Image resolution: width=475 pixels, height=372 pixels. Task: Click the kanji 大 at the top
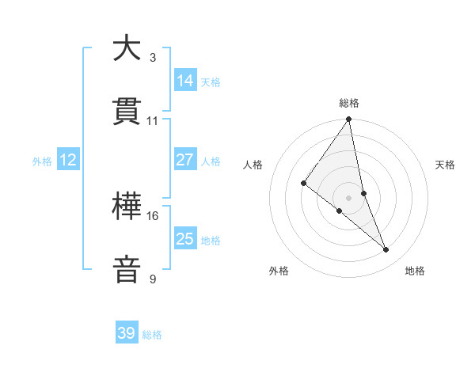(127, 48)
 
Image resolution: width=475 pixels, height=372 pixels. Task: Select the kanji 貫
(127, 111)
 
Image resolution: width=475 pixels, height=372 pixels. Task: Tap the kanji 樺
(127, 207)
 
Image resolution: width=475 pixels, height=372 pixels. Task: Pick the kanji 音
(127, 269)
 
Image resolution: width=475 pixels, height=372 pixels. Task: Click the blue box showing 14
(185, 80)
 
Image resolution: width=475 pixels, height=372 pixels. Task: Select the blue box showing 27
(185, 160)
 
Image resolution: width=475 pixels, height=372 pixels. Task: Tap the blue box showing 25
(185, 239)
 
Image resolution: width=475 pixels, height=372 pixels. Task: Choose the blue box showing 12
(68, 160)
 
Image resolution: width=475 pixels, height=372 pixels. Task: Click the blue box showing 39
(127, 333)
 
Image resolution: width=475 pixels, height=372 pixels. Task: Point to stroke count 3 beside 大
(152, 57)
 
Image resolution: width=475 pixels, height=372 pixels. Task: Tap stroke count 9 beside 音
(152, 279)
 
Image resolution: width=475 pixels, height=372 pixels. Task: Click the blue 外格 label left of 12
(42, 161)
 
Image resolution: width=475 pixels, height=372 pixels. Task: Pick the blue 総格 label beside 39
(152, 335)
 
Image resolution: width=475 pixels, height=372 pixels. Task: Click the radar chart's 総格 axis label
(349, 103)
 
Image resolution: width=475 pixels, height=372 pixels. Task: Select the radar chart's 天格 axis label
(446, 165)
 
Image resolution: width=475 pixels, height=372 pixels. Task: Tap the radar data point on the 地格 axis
(386, 249)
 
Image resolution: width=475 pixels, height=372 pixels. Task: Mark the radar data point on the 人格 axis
(303, 183)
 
